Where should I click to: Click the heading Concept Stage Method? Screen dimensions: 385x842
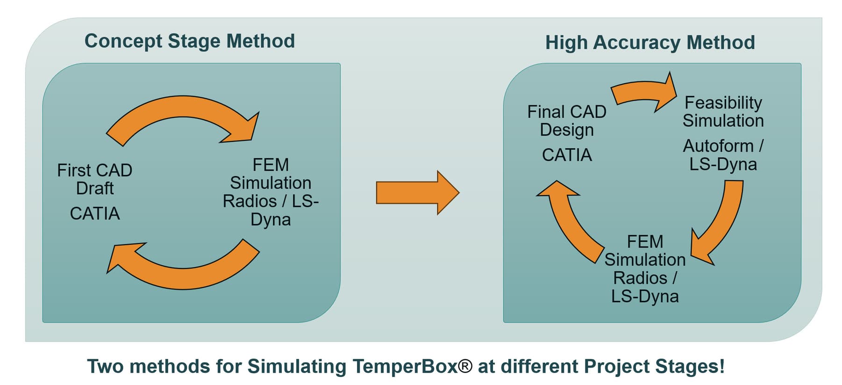point(189,41)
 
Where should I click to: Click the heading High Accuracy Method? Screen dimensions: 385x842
point(649,43)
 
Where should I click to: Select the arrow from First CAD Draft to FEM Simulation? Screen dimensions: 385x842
point(182,112)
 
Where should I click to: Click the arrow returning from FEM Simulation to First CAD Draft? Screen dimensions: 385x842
point(182,271)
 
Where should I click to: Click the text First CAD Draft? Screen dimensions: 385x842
point(94,179)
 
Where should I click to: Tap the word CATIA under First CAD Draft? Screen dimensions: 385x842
point(95,214)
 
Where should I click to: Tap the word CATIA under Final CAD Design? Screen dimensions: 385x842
point(567,155)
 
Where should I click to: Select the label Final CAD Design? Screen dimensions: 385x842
point(567,121)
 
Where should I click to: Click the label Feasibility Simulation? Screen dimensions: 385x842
point(723,111)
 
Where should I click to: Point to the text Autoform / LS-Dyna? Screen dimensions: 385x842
point(723,155)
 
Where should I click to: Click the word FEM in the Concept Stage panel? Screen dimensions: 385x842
point(271,165)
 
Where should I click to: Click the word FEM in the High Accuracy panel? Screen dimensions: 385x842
point(645,242)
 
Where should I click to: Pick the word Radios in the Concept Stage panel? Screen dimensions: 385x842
point(250,201)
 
